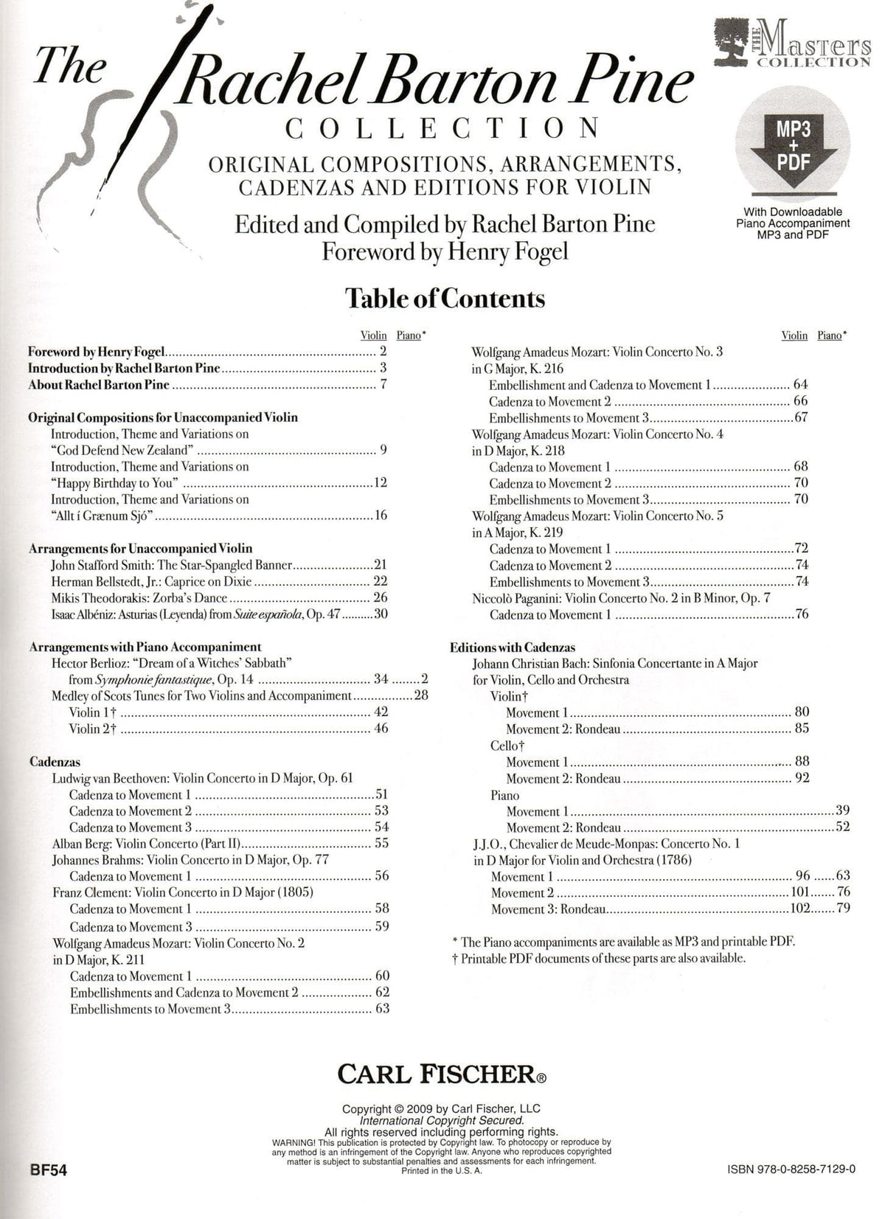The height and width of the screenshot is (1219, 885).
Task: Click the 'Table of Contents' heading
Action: pyautogui.click(x=445, y=299)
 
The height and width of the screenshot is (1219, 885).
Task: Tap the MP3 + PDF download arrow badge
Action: pyautogui.click(x=793, y=149)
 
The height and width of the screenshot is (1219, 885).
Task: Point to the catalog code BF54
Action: pyautogui.click(x=46, y=1170)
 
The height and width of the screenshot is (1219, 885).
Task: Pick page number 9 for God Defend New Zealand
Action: pyautogui.click(x=383, y=450)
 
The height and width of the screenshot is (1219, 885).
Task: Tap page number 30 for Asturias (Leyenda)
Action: pyautogui.click(x=381, y=614)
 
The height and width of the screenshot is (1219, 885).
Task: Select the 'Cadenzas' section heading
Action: pyautogui.click(x=55, y=762)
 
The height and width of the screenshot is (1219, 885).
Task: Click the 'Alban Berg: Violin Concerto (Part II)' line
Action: pyautogui.click(x=148, y=844)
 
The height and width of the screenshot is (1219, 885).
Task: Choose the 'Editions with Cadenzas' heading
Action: pyautogui.click(x=513, y=647)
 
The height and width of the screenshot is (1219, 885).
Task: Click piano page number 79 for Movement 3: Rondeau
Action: pyautogui.click(x=843, y=909)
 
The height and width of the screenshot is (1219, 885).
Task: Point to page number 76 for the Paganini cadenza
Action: pyautogui.click(x=801, y=614)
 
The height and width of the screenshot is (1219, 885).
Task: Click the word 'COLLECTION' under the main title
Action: pyautogui.click(x=442, y=128)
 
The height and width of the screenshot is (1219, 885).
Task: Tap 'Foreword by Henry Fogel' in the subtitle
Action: pyautogui.click(x=445, y=252)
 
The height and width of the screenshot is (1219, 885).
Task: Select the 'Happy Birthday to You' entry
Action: pyautogui.click(x=116, y=483)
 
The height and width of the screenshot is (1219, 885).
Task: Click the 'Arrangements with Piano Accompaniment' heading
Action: pyautogui.click(x=145, y=647)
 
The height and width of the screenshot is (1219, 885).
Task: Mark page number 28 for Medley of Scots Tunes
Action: pyautogui.click(x=420, y=695)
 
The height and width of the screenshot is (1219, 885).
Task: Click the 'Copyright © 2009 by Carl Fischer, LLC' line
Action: pyautogui.click(x=441, y=1108)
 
